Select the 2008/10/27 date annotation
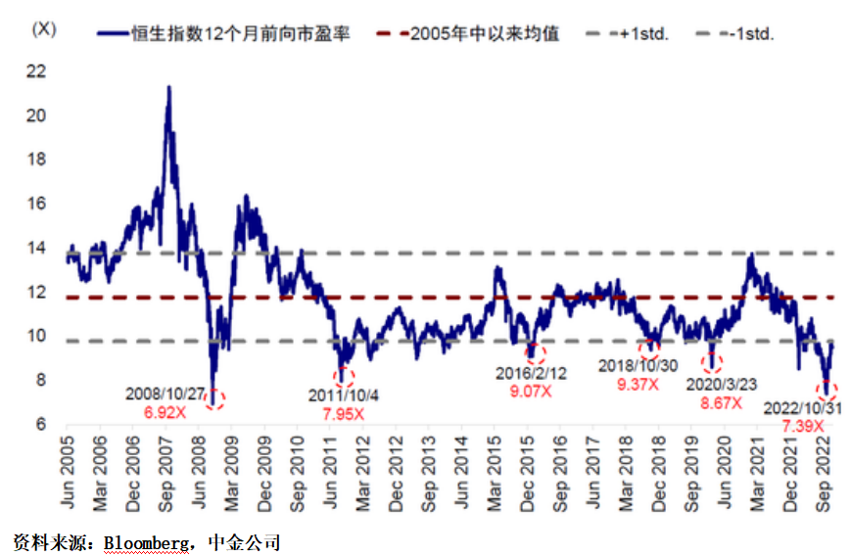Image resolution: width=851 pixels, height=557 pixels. pyautogui.click(x=164, y=394)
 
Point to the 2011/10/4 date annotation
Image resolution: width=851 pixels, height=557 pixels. pyautogui.click(x=343, y=396)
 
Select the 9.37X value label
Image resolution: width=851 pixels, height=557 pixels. pyautogui.click(x=638, y=384)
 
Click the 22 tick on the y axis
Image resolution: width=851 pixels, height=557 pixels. pyautogui.click(x=38, y=71)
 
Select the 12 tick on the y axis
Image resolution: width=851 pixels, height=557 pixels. pyautogui.click(x=38, y=292)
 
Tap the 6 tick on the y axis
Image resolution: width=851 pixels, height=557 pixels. pyautogui.click(x=42, y=425)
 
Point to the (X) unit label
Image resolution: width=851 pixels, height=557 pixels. pyautogui.click(x=44, y=28)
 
